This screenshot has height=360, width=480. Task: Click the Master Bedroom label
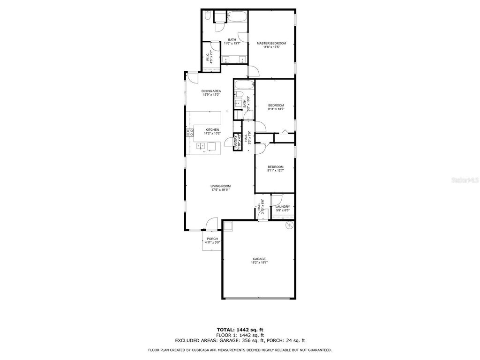tap(271, 43)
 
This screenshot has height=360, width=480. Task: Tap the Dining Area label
tap(211, 91)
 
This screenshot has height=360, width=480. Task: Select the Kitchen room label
tap(212, 129)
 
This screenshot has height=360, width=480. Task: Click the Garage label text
tap(259, 259)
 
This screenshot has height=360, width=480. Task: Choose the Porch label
tap(212, 239)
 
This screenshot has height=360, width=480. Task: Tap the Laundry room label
tap(283, 207)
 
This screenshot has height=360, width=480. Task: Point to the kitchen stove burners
tap(190, 133)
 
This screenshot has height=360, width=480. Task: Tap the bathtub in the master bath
tap(236, 17)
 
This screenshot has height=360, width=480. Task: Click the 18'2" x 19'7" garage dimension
tap(259, 263)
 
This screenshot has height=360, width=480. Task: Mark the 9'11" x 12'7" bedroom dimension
tap(276, 171)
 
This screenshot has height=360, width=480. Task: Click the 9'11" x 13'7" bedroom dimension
tap(276, 109)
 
